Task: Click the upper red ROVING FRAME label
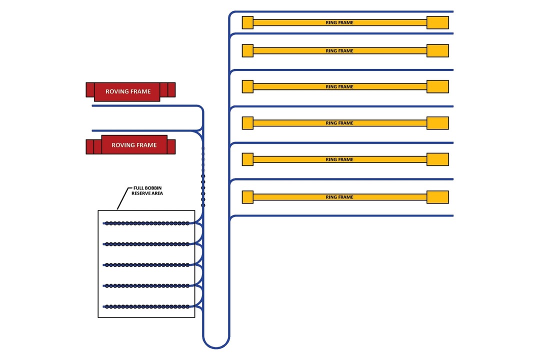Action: tap(128, 91)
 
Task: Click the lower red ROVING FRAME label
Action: tap(134, 145)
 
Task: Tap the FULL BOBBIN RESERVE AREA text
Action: tap(147, 190)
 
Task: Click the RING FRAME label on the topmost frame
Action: tap(339, 22)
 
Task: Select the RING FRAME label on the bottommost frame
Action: tap(339, 197)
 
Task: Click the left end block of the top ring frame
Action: tap(247, 22)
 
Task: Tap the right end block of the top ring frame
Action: tap(437, 22)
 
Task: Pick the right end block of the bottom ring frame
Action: tap(437, 197)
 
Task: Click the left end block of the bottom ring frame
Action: tap(247, 197)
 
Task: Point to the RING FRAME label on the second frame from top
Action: tap(339, 50)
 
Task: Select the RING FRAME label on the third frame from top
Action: tap(339, 86)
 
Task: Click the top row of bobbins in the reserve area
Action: tap(146, 223)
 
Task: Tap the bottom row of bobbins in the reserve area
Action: tap(146, 306)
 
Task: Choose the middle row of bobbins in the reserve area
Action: tap(146, 265)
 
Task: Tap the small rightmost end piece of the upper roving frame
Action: tap(171, 89)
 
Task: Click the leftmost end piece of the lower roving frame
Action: tap(89, 146)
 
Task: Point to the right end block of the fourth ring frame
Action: tap(437, 123)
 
